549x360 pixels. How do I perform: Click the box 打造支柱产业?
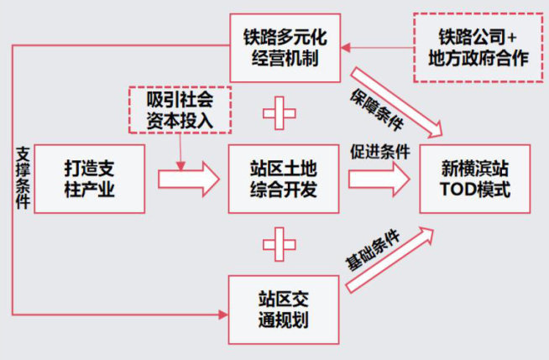(x=89, y=178)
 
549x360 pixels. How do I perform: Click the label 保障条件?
(x=375, y=107)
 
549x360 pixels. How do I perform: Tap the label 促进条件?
(x=379, y=152)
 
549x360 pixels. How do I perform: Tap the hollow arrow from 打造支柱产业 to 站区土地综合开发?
(x=186, y=179)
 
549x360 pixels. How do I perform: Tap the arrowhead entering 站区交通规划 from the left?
(x=223, y=315)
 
